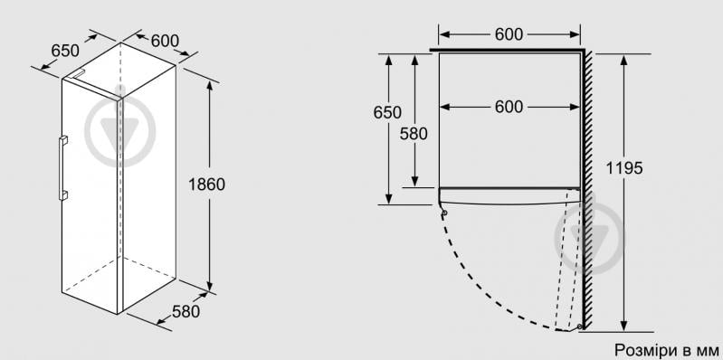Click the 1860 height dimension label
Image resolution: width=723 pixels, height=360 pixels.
point(206,185)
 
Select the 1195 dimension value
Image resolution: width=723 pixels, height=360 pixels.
point(623,168)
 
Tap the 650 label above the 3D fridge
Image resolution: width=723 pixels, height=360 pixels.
point(65,51)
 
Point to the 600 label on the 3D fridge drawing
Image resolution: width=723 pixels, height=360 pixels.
point(165,41)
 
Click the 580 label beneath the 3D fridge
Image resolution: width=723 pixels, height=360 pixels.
point(186,311)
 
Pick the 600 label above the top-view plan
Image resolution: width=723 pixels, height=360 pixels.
point(509,34)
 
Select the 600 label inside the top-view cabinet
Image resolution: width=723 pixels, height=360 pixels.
point(509,107)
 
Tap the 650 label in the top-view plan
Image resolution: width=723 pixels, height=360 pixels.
point(387,112)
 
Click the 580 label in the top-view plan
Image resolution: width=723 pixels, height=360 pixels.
point(414,134)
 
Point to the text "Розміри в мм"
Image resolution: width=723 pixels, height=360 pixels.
point(667,349)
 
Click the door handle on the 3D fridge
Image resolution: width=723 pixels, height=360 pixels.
point(62,167)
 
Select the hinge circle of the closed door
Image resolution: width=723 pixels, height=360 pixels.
point(444,213)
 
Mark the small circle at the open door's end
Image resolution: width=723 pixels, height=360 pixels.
point(580,327)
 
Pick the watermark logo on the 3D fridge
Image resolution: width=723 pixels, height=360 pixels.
point(119,131)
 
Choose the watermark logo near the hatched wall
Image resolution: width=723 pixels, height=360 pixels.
point(589,238)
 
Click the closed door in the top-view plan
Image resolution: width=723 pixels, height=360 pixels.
point(509,196)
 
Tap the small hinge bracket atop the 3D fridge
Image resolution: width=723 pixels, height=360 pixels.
point(77,74)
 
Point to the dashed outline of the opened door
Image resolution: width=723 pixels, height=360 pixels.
point(568,260)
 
